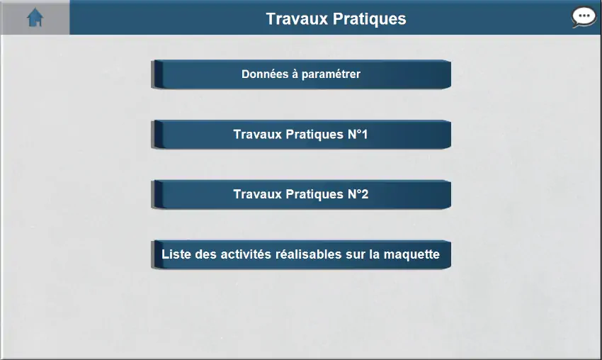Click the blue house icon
point(35,18)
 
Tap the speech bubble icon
point(584,17)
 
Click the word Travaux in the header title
point(297,19)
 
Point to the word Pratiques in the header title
point(369,20)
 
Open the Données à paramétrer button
point(301,74)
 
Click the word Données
point(265,74)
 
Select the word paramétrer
point(331,74)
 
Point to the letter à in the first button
point(295,74)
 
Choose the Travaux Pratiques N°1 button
point(301,134)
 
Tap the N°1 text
point(358,134)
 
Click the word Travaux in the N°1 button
point(258,134)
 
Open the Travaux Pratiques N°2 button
point(301,194)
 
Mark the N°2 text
point(358,194)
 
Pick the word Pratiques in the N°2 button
point(315,194)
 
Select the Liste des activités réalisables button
point(301,254)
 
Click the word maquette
point(411,254)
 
